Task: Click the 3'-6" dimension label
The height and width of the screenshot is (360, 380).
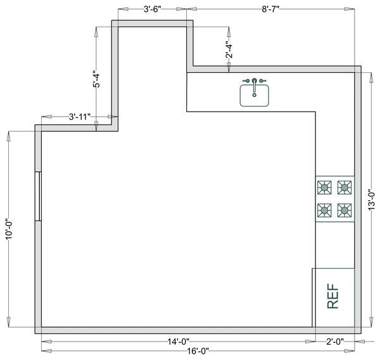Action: coord(153,10)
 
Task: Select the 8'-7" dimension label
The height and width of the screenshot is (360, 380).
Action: coord(270,10)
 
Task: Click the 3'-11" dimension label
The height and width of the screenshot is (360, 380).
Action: coord(79,117)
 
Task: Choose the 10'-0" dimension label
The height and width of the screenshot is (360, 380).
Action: coord(8,229)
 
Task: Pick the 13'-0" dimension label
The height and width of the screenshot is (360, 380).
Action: coord(371,199)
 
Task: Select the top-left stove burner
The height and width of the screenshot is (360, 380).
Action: coord(325,186)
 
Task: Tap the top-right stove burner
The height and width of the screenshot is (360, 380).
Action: coord(345,186)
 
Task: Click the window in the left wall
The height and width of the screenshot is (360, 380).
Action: coord(39,196)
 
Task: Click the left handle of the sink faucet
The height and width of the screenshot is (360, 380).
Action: coord(246,81)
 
